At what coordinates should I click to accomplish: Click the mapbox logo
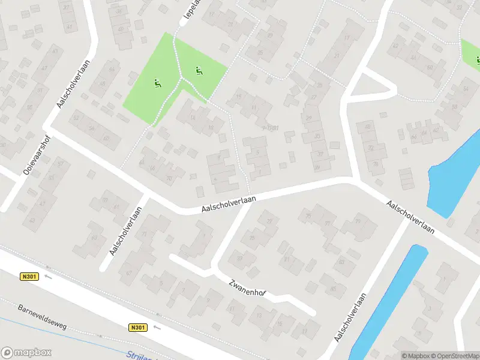click(26, 353)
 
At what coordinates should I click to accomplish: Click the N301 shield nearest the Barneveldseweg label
click(28, 277)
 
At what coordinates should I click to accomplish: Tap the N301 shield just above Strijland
click(137, 328)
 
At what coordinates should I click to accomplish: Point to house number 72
click(371, 148)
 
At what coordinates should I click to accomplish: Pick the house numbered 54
click(466, 89)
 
